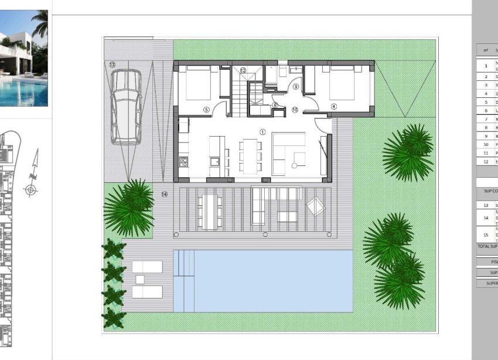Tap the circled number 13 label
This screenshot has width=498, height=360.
click(x=112, y=64)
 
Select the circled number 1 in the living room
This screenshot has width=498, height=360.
click(x=262, y=132)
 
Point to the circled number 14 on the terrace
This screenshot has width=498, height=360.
click(x=165, y=194)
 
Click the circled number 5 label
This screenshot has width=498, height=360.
click(x=206, y=109)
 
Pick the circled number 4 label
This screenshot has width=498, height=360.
click(x=334, y=107)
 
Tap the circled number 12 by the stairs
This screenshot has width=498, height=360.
click(x=243, y=70)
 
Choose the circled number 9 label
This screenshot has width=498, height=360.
click(x=295, y=87)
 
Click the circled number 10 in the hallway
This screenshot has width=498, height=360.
click(x=295, y=110)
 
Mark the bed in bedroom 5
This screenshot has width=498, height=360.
click(x=196, y=83)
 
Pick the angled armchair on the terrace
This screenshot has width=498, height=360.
click(x=315, y=205)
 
